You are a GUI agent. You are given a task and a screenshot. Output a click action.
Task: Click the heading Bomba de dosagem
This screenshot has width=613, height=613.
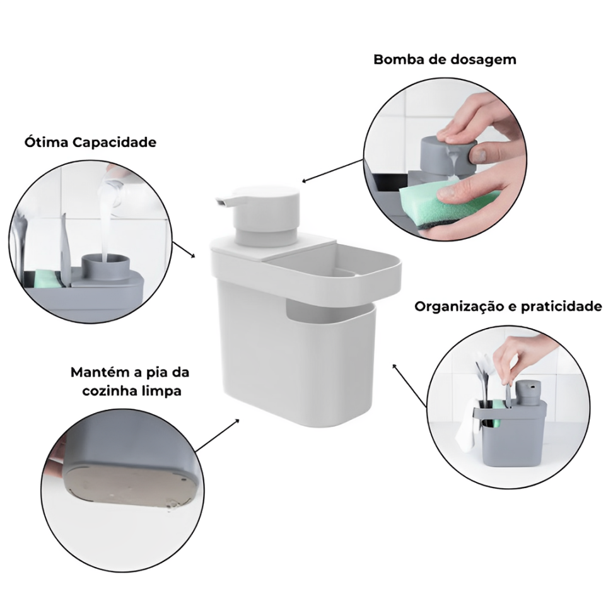(445, 59)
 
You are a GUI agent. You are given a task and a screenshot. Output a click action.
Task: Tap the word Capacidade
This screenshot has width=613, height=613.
(115, 143)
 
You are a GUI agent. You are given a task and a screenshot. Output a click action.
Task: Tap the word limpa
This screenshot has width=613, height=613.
(163, 391)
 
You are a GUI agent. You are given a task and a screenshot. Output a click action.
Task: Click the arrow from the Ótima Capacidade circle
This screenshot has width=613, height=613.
(184, 249)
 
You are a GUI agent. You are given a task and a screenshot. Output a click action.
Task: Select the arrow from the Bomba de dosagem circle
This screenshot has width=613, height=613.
(333, 170)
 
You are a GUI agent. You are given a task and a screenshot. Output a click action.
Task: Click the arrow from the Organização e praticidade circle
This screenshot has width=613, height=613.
(409, 385)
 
